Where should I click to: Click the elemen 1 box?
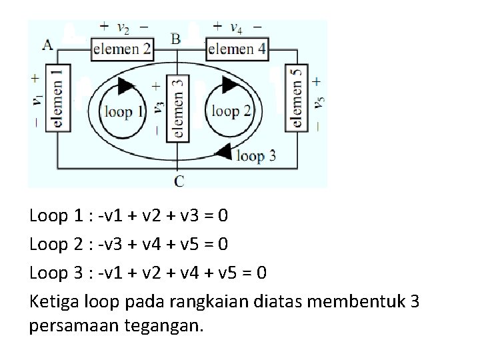[x=57, y=97]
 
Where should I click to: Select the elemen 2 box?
[x=122, y=49]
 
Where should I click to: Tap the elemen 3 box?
[x=177, y=107]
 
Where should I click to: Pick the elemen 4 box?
[x=237, y=49]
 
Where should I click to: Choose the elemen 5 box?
[x=295, y=97]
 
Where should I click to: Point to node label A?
[x=47, y=45]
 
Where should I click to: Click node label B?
[x=175, y=39]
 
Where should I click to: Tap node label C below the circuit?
[x=179, y=181]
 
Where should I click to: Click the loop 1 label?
[x=123, y=112]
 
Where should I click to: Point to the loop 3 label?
[x=256, y=157]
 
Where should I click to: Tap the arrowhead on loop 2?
[x=231, y=85]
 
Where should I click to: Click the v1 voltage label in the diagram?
[x=37, y=99]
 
